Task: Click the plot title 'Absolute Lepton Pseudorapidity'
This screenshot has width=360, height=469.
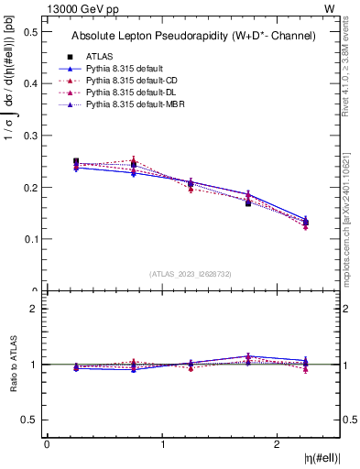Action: (x=193, y=36)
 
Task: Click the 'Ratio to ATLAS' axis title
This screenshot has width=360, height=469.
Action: (x=12, y=364)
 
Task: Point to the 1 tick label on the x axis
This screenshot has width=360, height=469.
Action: (x=162, y=444)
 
